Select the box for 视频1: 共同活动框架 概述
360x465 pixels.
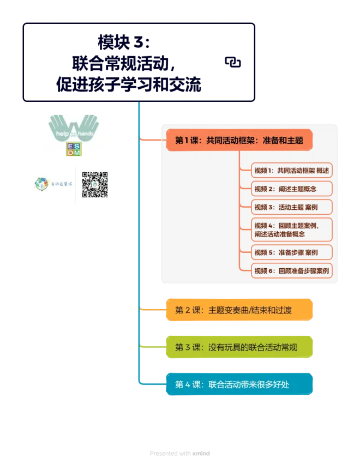tap(292, 171)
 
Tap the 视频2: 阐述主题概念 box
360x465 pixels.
tap(292, 189)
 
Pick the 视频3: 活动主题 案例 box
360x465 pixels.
tap(292, 207)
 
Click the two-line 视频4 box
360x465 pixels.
tap(292, 230)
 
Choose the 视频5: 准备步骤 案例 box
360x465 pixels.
tap(292, 253)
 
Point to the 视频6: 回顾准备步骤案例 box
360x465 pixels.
tap(292, 270)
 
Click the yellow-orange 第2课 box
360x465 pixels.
tap(239, 310)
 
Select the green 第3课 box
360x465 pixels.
tap(239, 347)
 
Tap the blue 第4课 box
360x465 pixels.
tap(239, 384)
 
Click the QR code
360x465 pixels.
tap(94, 184)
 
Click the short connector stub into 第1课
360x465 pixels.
tap(150, 140)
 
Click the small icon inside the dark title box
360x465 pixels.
tap(233, 63)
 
